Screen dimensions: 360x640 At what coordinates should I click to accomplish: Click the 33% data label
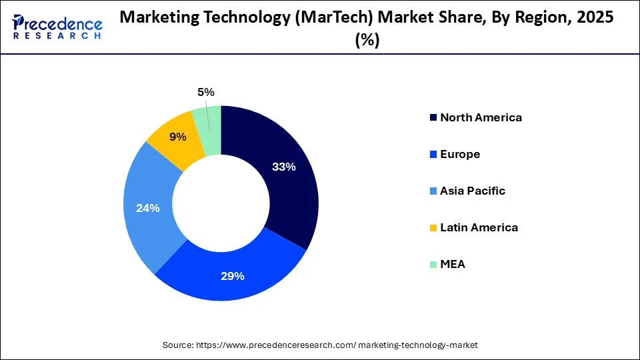[x=283, y=167]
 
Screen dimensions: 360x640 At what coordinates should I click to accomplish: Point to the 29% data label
[x=233, y=276]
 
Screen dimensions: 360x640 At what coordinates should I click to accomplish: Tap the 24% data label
[x=147, y=208]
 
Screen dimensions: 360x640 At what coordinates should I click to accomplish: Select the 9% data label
[x=178, y=137]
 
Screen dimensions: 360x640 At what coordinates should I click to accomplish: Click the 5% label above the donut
[x=206, y=92]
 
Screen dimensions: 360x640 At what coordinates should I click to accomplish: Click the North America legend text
[x=481, y=117]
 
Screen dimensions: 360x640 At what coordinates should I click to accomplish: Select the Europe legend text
[x=460, y=154]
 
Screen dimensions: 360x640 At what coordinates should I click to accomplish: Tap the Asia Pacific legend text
[x=473, y=191]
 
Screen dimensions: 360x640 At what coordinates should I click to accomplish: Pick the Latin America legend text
[x=479, y=227]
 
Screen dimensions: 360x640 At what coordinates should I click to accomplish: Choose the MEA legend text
[x=453, y=264]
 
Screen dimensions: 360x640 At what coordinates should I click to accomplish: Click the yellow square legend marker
[x=434, y=228]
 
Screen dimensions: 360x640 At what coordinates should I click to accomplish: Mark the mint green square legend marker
[x=434, y=265]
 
